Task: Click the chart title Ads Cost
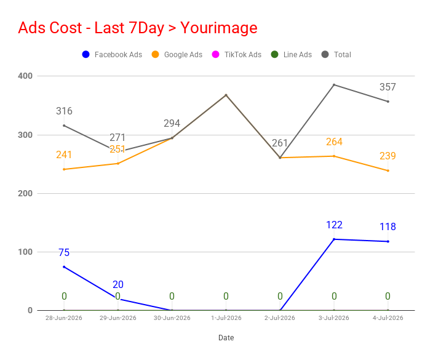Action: click(50, 28)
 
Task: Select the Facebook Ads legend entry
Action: click(112, 54)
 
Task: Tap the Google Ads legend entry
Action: click(177, 54)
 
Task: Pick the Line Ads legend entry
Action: click(292, 54)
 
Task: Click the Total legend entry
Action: click(336, 54)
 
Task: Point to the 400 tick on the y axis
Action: click(25, 76)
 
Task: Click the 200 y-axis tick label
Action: click(25, 193)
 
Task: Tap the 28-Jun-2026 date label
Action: click(64, 318)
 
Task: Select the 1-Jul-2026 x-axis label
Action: click(226, 318)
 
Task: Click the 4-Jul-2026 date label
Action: click(388, 318)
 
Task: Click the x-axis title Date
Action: click(226, 338)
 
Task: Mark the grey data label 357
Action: click(387, 87)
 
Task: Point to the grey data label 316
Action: click(64, 111)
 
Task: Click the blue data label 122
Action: click(334, 225)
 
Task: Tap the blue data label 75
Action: click(64, 252)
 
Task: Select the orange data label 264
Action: click(334, 142)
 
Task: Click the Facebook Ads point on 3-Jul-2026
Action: click(334, 239)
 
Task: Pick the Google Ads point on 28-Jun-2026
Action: click(64, 169)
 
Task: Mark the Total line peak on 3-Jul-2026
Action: click(334, 85)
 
